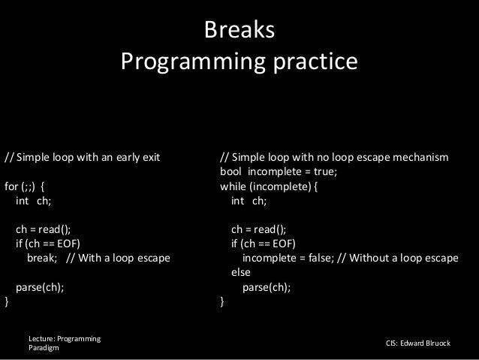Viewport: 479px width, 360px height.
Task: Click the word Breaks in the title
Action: tap(239, 32)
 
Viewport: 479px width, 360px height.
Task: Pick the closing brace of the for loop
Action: tap(8, 302)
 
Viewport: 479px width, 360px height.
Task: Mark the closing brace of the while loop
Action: tap(222, 302)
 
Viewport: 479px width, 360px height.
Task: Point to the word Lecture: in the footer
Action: tap(44, 339)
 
